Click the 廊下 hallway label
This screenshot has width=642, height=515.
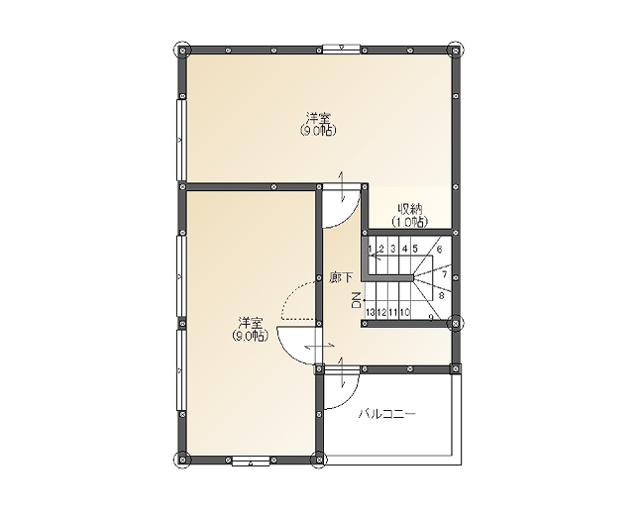pos(341,278)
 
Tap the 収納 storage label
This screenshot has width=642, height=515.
pos(410,210)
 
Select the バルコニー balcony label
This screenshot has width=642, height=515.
pos(387,414)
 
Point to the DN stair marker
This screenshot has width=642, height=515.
pos(356,300)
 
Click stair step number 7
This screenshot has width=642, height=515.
pos(445,274)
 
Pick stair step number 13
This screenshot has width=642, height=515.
pos(371,313)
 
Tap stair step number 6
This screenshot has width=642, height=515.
pos(439,249)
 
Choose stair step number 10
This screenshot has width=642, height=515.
pos(405,313)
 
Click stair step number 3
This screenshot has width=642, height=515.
pos(392,249)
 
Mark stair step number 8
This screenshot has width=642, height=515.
pos(442,295)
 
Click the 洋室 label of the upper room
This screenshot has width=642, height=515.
pos(318,119)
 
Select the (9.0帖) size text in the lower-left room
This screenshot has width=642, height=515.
pos(251,336)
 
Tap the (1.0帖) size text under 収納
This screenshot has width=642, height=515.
pos(410,222)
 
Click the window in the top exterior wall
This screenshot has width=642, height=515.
pos(341,50)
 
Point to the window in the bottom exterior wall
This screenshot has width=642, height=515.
pos(251,462)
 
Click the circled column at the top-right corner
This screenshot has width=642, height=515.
pos(456,50)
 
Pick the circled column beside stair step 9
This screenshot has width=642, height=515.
pos(456,323)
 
